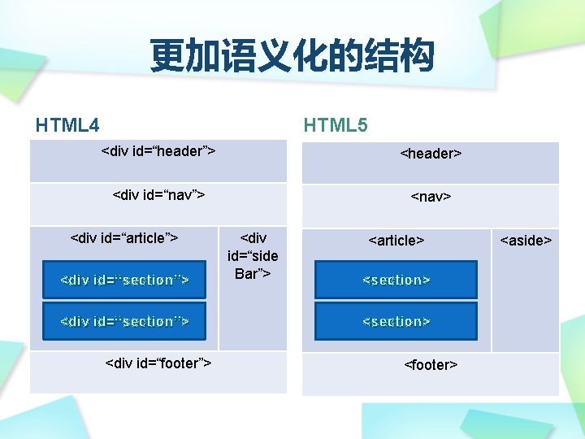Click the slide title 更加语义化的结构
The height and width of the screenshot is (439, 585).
tap(292, 58)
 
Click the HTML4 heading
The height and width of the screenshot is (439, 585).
tap(67, 125)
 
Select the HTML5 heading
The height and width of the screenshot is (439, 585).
tap(335, 125)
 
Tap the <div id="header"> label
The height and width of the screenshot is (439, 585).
tap(158, 150)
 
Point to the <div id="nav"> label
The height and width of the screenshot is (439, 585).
tap(158, 194)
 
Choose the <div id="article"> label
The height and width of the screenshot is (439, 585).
tap(124, 237)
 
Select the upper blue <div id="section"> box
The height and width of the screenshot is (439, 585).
tap(124, 280)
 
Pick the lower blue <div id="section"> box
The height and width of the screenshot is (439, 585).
tap(124, 321)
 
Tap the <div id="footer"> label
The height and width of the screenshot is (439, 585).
tap(158, 363)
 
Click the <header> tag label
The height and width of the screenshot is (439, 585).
tap(431, 153)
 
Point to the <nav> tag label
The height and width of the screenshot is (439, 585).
tap(431, 196)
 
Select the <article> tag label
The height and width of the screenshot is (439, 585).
tap(396, 240)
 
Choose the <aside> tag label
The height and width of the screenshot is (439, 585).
tap(526, 240)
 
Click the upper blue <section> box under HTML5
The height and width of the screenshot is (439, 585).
tap(396, 280)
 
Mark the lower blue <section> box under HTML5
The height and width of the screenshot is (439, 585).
tap(396, 321)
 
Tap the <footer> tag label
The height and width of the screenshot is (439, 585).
tap(431, 364)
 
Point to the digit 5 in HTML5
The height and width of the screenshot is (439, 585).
tap(362, 125)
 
